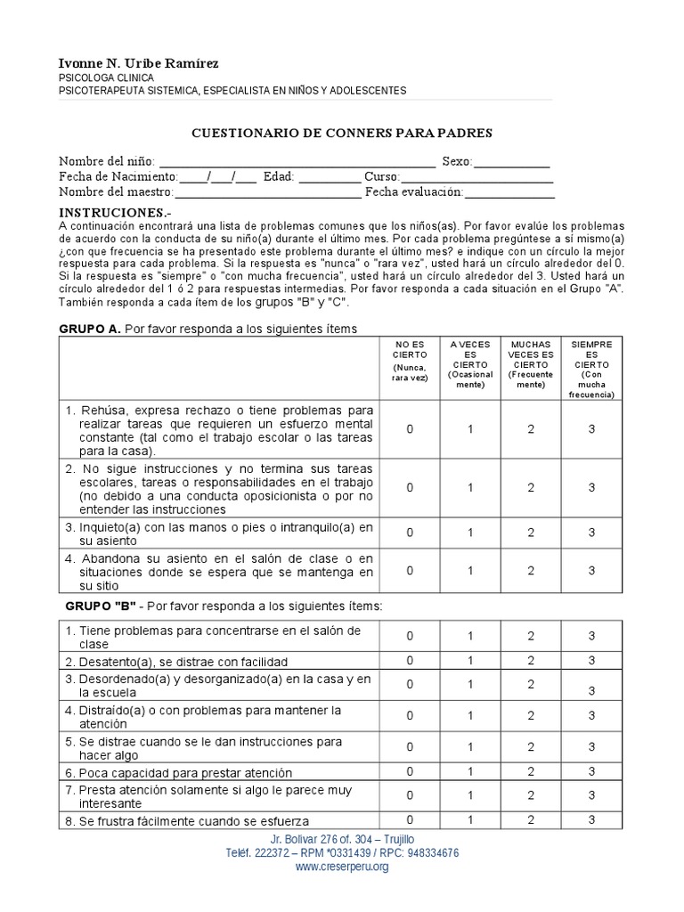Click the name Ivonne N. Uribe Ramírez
click(x=138, y=63)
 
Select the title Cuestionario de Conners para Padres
click(x=343, y=133)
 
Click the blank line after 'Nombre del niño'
click(x=297, y=162)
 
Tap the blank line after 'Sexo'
click(x=512, y=162)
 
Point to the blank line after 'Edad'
click(x=330, y=177)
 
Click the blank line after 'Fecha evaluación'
click(x=509, y=192)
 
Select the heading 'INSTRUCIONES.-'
click(x=114, y=214)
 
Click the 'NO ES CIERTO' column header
click(x=410, y=360)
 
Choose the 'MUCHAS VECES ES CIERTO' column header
click(x=530, y=364)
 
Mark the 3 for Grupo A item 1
click(x=591, y=429)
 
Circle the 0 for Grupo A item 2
click(x=410, y=487)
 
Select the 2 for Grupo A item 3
click(x=530, y=533)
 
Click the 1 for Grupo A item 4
click(x=470, y=570)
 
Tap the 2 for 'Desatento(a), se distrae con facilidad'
click(x=530, y=661)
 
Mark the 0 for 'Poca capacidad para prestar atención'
click(x=410, y=771)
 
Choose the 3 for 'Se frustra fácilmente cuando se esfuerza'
click(x=591, y=819)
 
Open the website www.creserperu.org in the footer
click(x=342, y=867)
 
